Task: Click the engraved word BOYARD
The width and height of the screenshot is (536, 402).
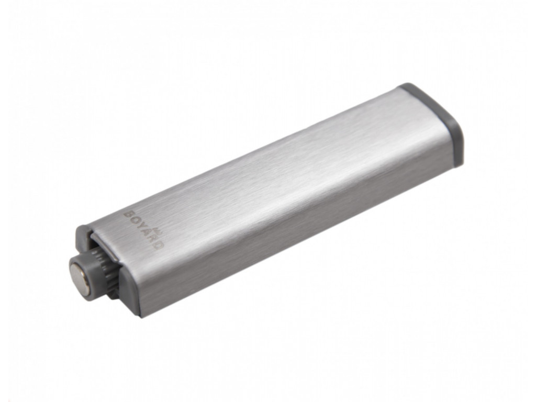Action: [x=143, y=229]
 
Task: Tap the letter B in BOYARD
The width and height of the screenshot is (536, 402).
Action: [x=127, y=215]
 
